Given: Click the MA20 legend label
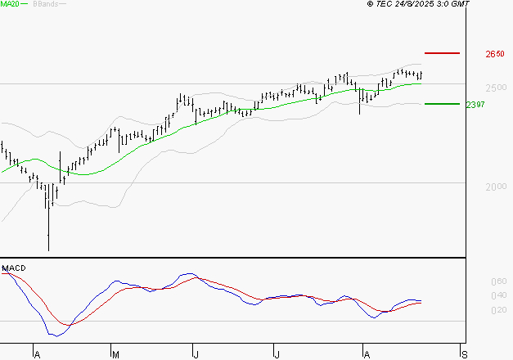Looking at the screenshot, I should pos(10,4).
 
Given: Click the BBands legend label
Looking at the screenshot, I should pos(45,4).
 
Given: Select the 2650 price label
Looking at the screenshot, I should pos(494,54).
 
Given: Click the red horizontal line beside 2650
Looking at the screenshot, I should pos(443,53).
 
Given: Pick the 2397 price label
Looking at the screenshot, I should pos(475,105).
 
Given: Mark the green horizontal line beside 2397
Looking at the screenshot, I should pos(442,104).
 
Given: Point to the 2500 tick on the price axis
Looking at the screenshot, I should pos(494,88).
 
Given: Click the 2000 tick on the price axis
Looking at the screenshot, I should pos(494,187).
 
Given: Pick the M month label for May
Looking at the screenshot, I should pos(116,354).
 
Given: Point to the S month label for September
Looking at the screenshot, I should pos(465,354).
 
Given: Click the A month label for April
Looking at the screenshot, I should pos(37,354).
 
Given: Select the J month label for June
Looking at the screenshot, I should pos(196,354).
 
